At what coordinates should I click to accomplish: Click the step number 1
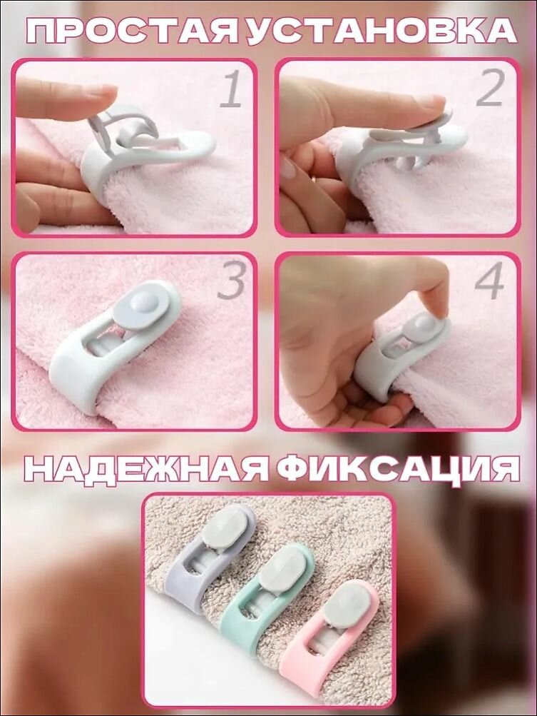click(x=232, y=91)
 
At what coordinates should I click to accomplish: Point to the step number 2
click(x=492, y=91)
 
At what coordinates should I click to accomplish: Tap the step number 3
click(x=232, y=283)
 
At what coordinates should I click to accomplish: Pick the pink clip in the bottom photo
click(x=328, y=635)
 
